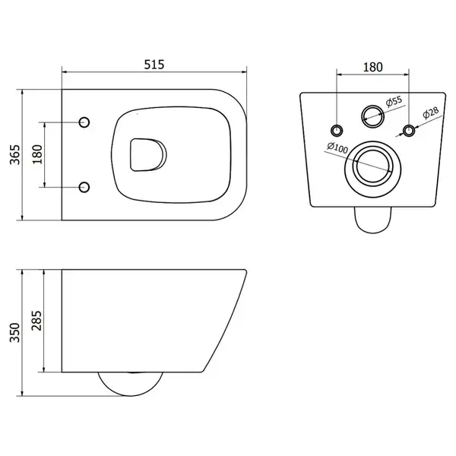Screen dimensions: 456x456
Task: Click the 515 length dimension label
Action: [154, 65]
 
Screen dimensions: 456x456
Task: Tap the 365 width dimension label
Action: [15, 154]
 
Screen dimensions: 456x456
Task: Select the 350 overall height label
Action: [15, 332]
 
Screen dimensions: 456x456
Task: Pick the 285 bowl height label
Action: [36, 321]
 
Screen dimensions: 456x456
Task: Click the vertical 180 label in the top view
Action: [37, 154]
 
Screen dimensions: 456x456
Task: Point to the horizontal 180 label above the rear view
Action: [373, 67]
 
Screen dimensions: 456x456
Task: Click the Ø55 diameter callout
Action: [394, 102]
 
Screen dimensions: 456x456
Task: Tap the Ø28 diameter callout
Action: [431, 112]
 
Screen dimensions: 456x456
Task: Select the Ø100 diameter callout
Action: [337, 147]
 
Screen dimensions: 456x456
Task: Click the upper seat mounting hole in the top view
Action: [84, 122]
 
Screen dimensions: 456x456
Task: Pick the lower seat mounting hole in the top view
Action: [84, 187]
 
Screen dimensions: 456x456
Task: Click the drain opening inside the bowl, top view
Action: [148, 155]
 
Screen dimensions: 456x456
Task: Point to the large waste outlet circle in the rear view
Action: [373, 141]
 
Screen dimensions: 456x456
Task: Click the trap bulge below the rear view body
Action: [373, 233]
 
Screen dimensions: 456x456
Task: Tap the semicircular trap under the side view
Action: [130, 396]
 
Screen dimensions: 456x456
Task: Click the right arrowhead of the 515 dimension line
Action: [244, 71]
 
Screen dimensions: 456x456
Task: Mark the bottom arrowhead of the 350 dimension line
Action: [22, 393]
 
